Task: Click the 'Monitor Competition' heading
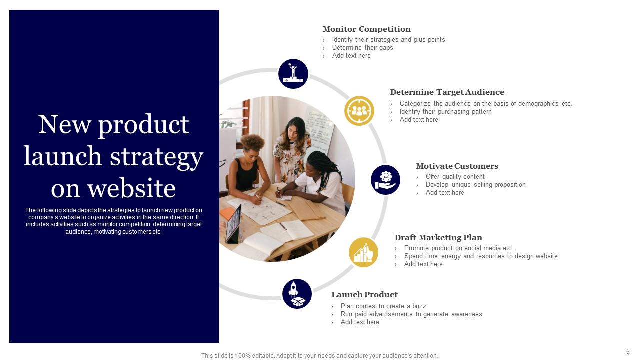point(366,29)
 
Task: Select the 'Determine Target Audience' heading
point(447,92)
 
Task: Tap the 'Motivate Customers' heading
point(457,166)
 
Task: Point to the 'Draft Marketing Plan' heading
point(438,238)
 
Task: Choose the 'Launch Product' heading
point(364,295)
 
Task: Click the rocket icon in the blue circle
point(297,294)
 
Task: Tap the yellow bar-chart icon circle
point(363,252)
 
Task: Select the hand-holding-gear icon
point(385,180)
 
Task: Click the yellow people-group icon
point(359,111)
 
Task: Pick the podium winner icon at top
point(293,74)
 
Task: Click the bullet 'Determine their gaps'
point(362,48)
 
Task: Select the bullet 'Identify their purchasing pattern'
point(445,112)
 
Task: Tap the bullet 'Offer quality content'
point(455,177)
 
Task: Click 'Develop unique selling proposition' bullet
point(475,185)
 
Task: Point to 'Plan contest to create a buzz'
point(383,306)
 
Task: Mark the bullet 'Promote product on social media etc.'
point(458,248)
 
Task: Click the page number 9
point(628,353)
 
